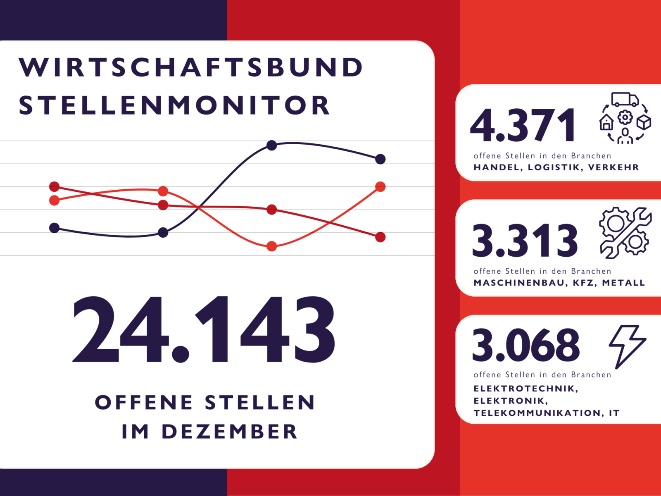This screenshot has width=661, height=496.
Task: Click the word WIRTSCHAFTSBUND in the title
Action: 190,67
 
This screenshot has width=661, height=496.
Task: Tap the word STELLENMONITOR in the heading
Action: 174,105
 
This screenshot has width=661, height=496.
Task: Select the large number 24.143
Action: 204,329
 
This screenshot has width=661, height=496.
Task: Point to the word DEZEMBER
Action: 229,432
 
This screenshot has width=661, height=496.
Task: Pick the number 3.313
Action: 525,240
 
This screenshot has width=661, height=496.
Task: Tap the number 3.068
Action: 525,345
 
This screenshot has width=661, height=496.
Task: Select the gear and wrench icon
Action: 625,233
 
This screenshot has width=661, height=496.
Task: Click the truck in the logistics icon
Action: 625,100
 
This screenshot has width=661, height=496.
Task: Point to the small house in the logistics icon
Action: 606,123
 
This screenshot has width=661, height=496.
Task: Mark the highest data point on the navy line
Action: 271,145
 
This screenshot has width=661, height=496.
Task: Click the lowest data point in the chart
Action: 271,246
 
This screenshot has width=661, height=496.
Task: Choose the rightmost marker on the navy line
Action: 380,159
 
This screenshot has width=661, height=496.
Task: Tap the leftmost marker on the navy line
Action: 54,228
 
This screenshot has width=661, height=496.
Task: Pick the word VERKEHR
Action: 613,167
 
